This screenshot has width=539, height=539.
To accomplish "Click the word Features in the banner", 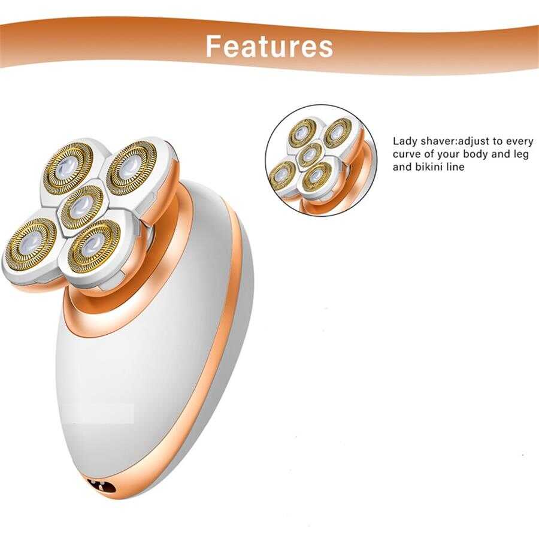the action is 269,46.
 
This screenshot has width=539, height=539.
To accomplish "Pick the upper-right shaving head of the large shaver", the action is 132,168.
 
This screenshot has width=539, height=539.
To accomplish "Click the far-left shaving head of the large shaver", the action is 32,243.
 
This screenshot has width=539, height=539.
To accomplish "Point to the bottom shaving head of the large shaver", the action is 94,246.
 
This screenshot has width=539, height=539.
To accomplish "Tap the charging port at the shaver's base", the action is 102,485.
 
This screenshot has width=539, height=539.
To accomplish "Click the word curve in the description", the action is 405,155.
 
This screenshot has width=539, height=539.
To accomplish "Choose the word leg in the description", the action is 521,155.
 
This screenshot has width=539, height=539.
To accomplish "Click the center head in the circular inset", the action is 310,155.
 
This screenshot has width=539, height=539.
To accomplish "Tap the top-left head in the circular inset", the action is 303,132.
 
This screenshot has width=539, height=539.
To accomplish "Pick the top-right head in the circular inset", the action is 337,131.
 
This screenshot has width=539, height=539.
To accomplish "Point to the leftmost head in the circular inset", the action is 283,175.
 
